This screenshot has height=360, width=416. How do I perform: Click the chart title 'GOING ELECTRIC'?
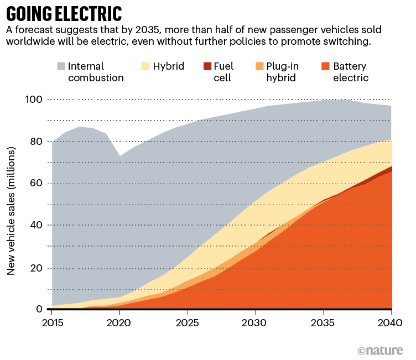[x=64, y=13]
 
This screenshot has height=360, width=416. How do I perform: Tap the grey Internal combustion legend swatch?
[x=61, y=66]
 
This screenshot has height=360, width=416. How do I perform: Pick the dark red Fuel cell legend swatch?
[x=207, y=66]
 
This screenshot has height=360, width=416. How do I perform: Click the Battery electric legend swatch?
[x=326, y=66]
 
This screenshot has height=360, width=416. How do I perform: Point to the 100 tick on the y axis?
[x=34, y=100]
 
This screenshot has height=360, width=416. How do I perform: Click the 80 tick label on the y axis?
[x=37, y=142]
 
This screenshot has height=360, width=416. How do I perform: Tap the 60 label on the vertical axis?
[x=37, y=184]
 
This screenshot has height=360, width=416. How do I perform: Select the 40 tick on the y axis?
[x=37, y=226]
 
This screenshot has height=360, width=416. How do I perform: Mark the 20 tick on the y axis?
[x=37, y=268]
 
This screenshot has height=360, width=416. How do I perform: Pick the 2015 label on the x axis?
[x=53, y=322]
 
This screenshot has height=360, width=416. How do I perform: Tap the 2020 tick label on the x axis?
[x=120, y=322]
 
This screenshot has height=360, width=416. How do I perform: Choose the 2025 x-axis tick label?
[x=188, y=322]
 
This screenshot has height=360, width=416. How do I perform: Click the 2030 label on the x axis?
[x=256, y=322]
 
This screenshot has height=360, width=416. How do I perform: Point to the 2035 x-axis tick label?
[x=324, y=322]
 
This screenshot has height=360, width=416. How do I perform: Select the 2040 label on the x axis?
[x=391, y=322]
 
